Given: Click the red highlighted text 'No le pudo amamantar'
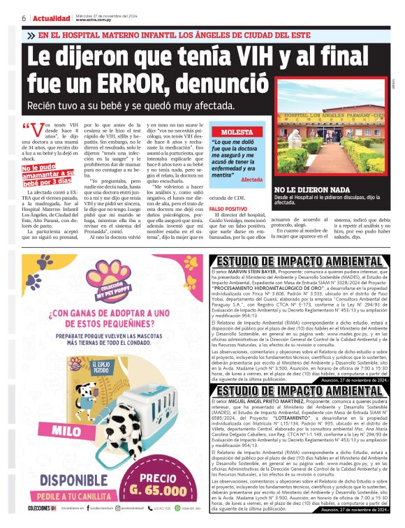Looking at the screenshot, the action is click(x=42, y=172).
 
